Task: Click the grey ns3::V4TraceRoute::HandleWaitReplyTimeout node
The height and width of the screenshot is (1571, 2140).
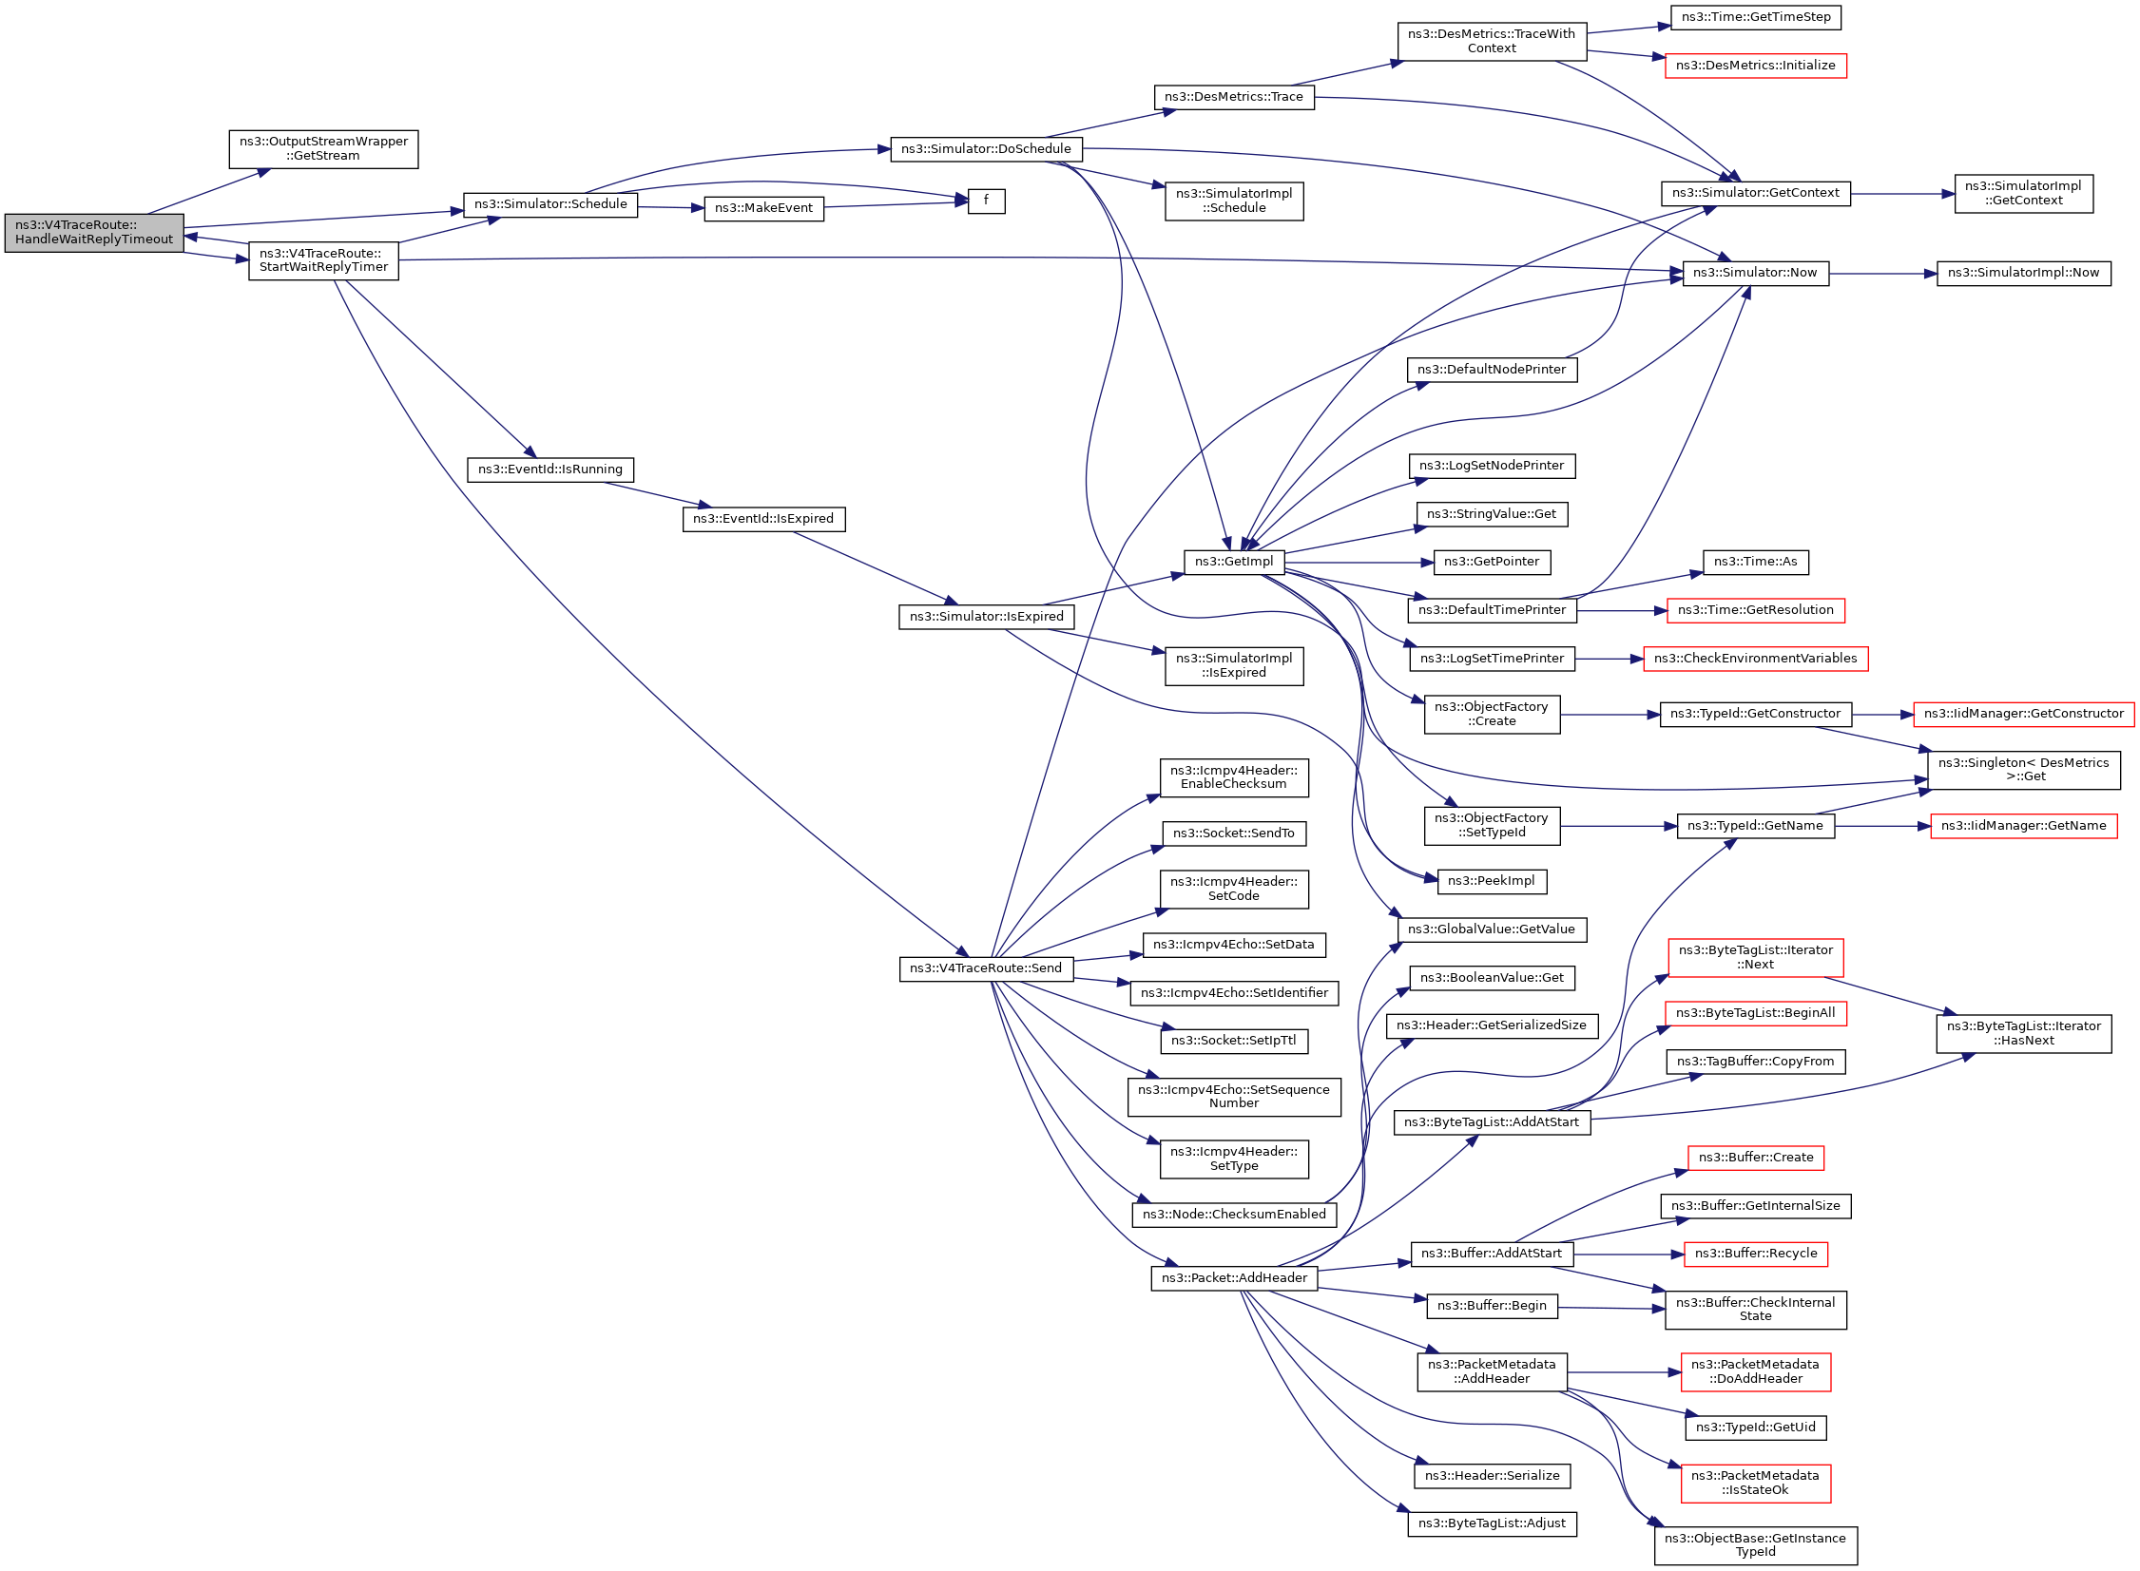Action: pyautogui.click(x=94, y=233)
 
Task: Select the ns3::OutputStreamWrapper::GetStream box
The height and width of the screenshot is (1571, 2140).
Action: pyautogui.click(x=323, y=149)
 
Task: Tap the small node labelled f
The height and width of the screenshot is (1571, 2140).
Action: pyautogui.click(x=985, y=201)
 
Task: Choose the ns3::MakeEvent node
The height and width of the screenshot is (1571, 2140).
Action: pyautogui.click(x=762, y=209)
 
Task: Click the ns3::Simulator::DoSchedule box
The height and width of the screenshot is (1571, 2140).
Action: pyautogui.click(x=985, y=149)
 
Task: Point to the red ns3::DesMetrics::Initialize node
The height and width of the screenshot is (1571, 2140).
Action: pyautogui.click(x=1755, y=66)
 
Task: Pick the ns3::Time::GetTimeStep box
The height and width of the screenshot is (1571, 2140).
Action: pyautogui.click(x=1755, y=17)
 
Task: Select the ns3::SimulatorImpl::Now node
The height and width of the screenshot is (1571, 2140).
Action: pyautogui.click(x=2023, y=274)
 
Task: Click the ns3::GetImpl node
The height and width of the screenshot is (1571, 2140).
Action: pyautogui.click(x=1234, y=562)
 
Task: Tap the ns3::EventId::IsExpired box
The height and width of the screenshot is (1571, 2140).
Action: pyautogui.click(x=762, y=519)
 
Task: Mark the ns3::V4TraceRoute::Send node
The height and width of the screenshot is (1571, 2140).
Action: pyautogui.click(x=985, y=969)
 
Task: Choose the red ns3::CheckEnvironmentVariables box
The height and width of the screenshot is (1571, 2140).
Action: pyautogui.click(x=1755, y=659)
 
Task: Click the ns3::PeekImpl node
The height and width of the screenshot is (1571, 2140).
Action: pyautogui.click(x=1491, y=882)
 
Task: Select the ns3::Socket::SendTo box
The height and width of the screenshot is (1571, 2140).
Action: pyautogui.click(x=1234, y=834)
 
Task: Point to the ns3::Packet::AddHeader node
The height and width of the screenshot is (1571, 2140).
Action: pyautogui.click(x=1234, y=1278)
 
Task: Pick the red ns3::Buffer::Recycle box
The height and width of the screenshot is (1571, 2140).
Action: pyautogui.click(x=1755, y=1255)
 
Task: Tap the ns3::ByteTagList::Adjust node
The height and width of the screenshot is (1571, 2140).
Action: pyautogui.click(x=1492, y=1523)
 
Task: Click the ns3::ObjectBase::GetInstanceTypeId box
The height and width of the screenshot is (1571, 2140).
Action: pyautogui.click(x=1755, y=1545)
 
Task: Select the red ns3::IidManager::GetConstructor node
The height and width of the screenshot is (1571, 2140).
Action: pyautogui.click(x=2023, y=714)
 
